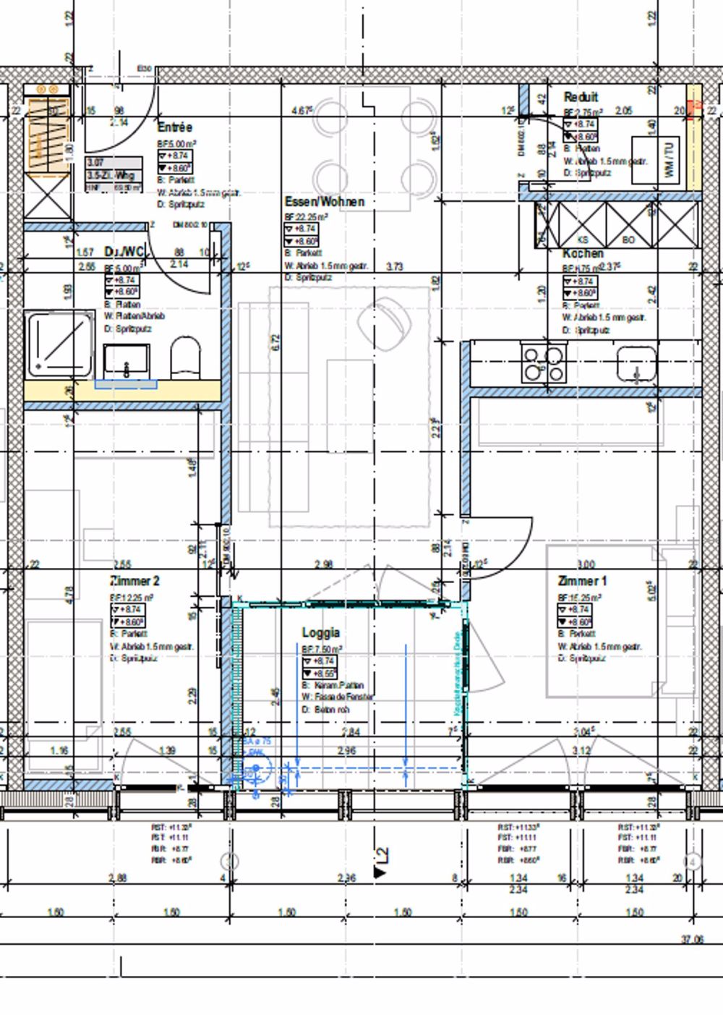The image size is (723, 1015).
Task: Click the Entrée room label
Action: (x=175, y=127)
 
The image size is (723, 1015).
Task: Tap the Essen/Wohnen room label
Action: (x=324, y=201)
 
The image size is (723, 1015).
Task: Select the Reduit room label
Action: (x=581, y=97)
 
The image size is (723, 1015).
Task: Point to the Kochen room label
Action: (x=583, y=253)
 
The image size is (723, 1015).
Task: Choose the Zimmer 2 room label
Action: (x=134, y=581)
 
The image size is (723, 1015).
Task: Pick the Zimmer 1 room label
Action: (x=582, y=581)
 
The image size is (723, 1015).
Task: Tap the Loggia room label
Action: (x=320, y=633)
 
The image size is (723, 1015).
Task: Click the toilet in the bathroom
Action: (x=186, y=356)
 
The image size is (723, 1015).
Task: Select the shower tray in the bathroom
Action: (x=60, y=344)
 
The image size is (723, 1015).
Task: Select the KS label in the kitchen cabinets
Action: (x=584, y=239)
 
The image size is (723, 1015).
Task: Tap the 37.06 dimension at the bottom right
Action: (x=692, y=940)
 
